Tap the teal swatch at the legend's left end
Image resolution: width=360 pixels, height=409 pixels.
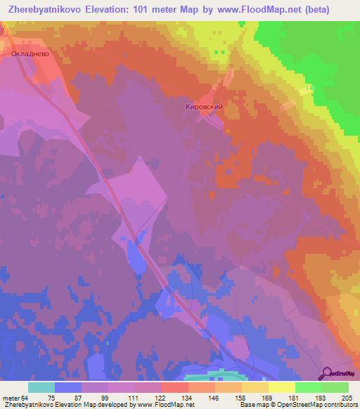(x=41, y=387)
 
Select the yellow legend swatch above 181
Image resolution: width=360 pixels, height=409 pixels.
(x=282, y=387)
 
